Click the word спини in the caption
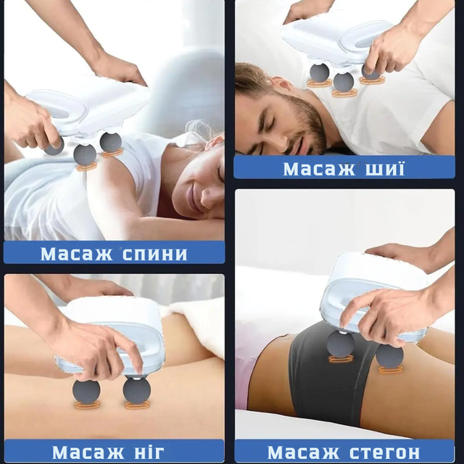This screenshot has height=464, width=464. pyautogui.click(x=154, y=254)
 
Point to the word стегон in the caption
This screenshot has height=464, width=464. pyautogui.click(x=384, y=452)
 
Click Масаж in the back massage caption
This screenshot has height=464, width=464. pyautogui.click(x=76, y=254)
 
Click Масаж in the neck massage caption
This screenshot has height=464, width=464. pyautogui.click(x=319, y=169)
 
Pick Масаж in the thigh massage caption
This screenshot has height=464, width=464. pyautogui.click(x=303, y=452)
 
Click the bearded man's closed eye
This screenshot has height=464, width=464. pyautogui.click(x=270, y=121)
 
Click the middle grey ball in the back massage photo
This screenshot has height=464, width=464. pyautogui.click(x=85, y=154)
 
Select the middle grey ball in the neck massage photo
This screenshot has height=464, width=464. pyautogui.click(x=343, y=81)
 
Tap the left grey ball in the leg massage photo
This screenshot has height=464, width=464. pyautogui.click(x=86, y=391)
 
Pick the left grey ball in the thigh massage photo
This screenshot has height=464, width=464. pyautogui.click(x=341, y=344)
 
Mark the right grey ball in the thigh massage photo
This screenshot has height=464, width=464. pyautogui.click(x=389, y=355)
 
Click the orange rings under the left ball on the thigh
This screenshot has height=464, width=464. pyautogui.click(x=341, y=359)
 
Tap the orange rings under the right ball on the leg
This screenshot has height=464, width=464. pyautogui.click(x=137, y=405)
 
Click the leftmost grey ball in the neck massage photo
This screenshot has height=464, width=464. pyautogui.click(x=319, y=72)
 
